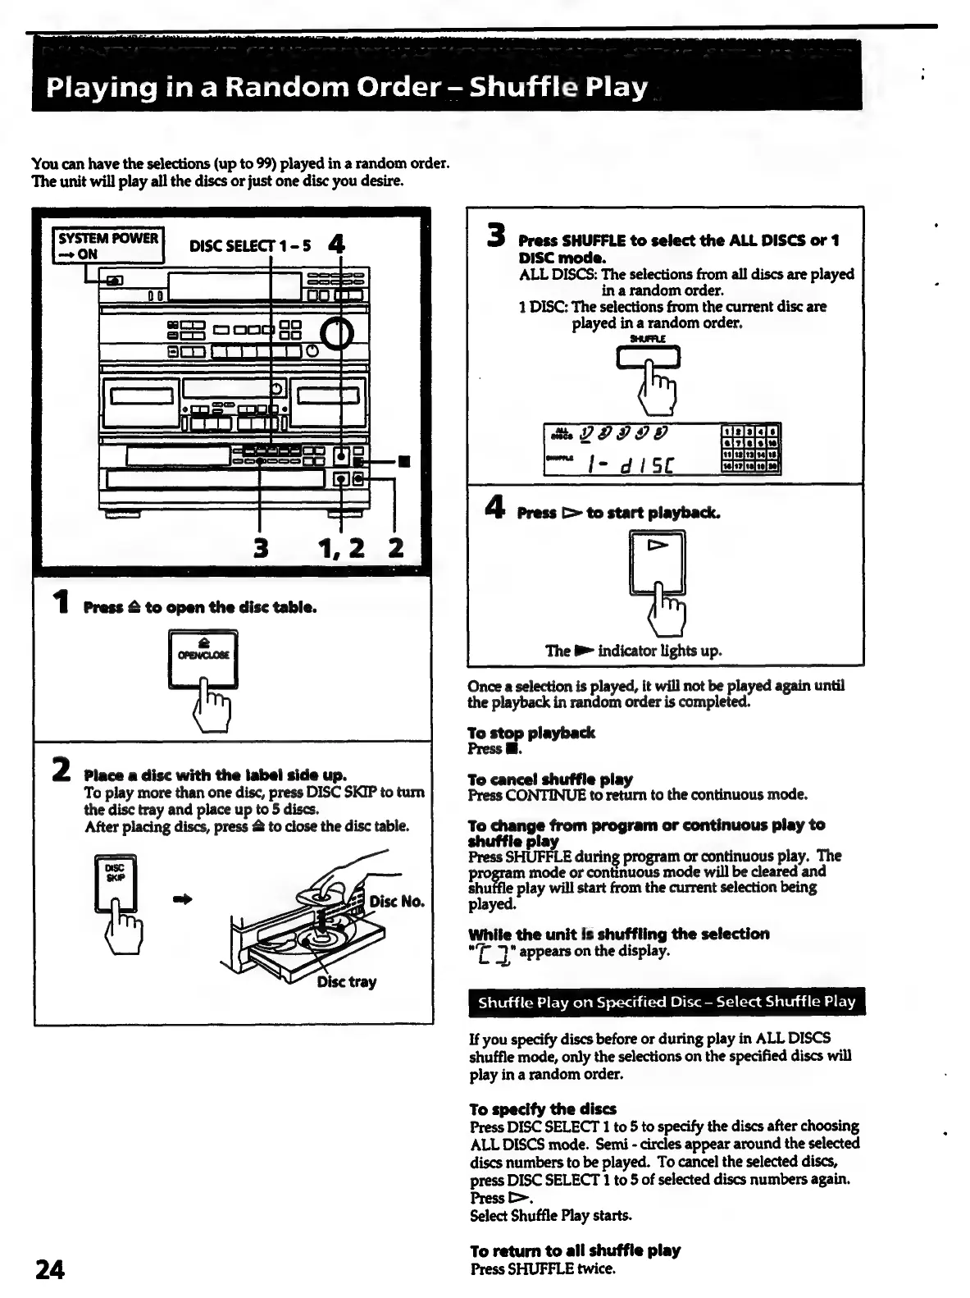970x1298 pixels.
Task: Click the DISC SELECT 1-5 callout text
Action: tap(249, 246)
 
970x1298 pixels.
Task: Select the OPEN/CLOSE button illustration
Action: tap(203, 659)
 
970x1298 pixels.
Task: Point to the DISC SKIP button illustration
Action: tap(116, 883)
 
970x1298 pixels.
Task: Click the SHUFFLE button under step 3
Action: tap(648, 358)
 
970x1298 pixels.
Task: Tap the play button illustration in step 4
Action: tap(657, 561)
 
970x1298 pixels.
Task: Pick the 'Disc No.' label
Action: tap(397, 901)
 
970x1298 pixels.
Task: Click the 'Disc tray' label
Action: tap(347, 981)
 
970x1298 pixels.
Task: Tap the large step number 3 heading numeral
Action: tap(495, 235)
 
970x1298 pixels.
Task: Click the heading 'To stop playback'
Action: tap(531, 733)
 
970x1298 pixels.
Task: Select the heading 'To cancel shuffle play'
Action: tap(549, 779)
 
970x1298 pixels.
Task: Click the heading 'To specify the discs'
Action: tap(543, 1108)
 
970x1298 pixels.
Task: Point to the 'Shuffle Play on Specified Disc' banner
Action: tap(666, 1001)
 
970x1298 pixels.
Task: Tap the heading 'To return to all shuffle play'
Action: tap(575, 1250)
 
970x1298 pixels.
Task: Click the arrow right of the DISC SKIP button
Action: tap(183, 899)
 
